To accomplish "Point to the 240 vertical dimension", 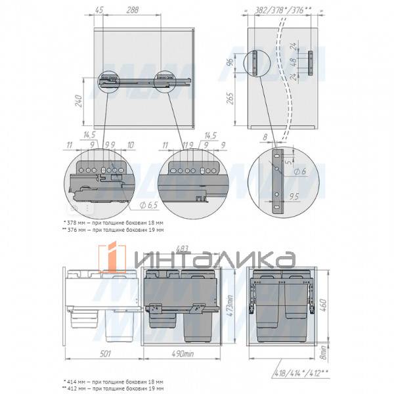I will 78,102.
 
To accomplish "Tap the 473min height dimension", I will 229,307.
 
